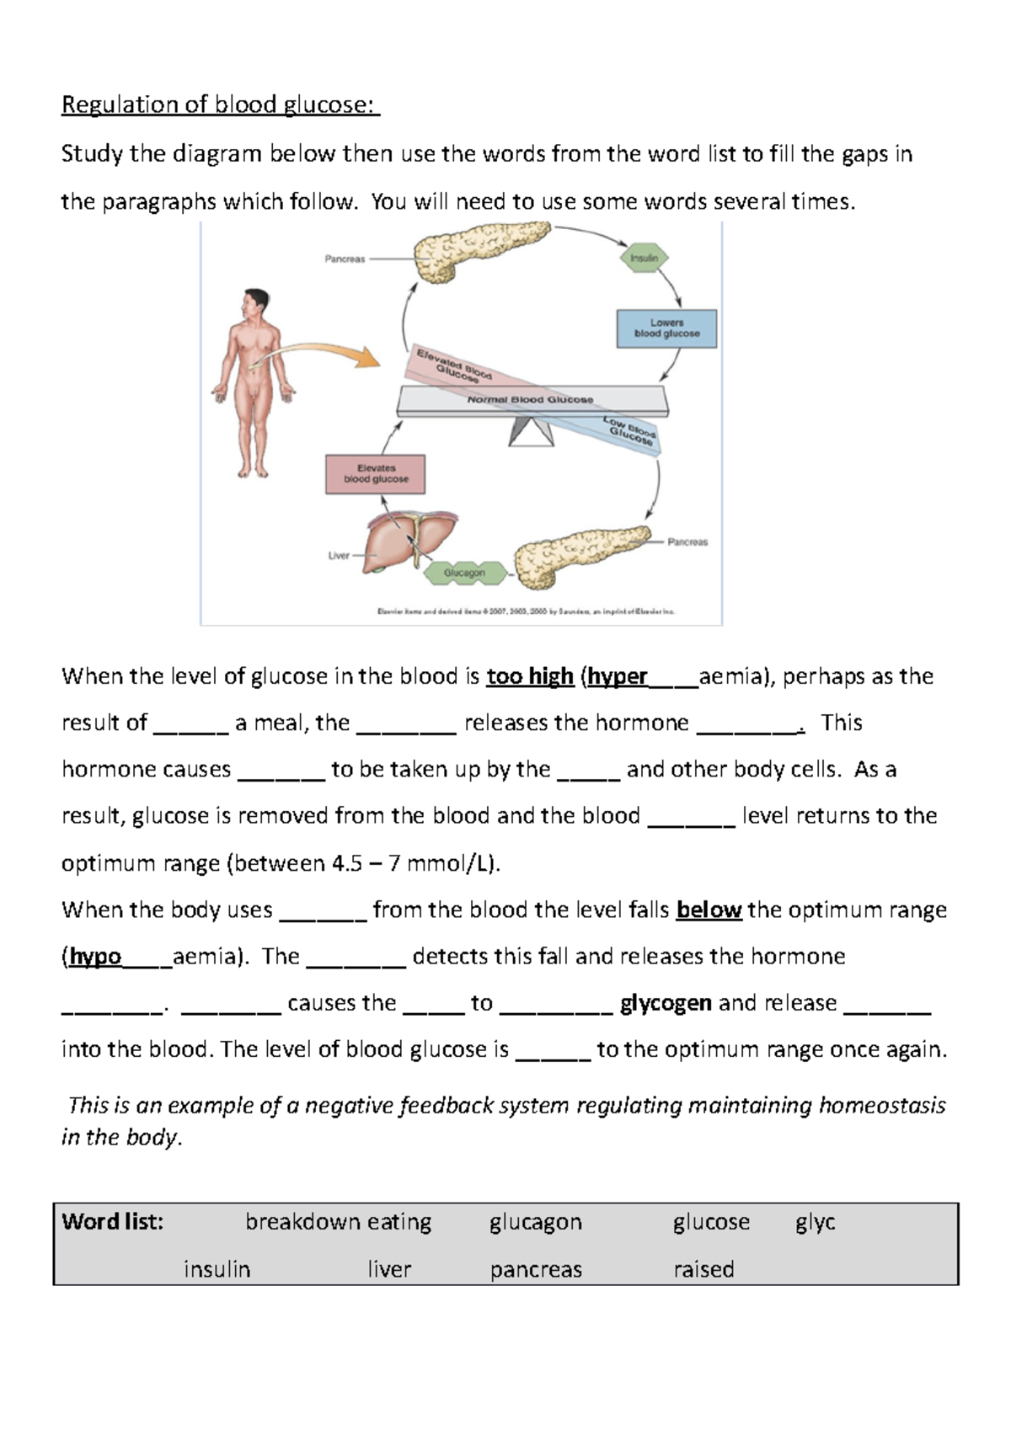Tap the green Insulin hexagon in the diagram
coord(645,258)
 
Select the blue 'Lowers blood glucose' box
coord(666,328)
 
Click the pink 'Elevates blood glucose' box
coord(376,474)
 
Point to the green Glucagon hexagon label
coord(465,573)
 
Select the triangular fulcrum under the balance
coord(532,431)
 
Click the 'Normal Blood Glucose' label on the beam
coord(530,400)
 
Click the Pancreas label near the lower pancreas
coord(687,542)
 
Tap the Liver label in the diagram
coord(339,556)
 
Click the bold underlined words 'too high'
coord(530,676)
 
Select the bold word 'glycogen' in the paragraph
coord(666,1003)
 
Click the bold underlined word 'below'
coord(709,910)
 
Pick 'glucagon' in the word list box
coord(536,1222)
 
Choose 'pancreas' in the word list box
coord(536,1269)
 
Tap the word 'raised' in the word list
coord(703,1269)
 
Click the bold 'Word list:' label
coord(113,1222)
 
